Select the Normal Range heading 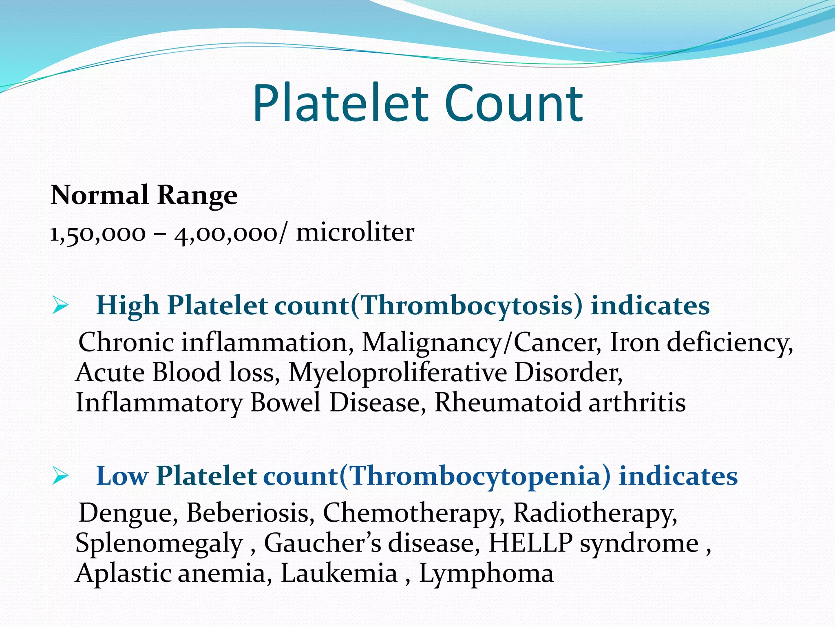point(144,195)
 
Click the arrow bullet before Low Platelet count point(60,476)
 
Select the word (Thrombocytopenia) point(475,476)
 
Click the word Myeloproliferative point(398,373)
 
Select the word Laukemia point(339,573)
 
